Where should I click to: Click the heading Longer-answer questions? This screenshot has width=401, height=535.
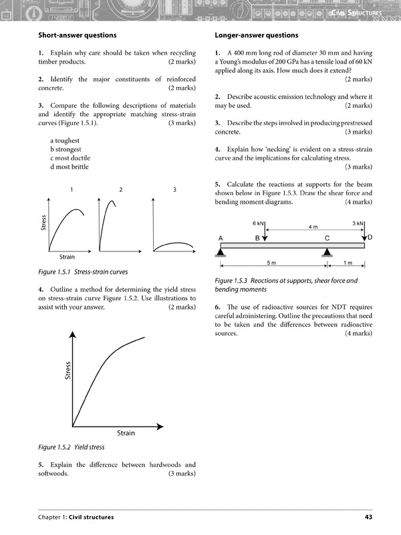(x=257, y=35)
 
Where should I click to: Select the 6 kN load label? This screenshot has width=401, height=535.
(x=258, y=223)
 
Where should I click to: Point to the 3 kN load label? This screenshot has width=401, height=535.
(x=358, y=223)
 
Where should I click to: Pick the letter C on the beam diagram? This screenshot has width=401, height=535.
(x=327, y=238)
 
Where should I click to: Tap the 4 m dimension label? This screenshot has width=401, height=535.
(x=313, y=227)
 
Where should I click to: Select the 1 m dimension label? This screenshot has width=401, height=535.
(x=346, y=262)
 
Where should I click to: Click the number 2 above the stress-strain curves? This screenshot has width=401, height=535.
(x=121, y=191)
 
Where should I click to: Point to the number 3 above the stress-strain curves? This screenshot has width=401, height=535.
(x=174, y=191)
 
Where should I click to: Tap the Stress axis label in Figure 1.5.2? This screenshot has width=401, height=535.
(x=68, y=370)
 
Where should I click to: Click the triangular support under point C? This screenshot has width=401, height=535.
(x=327, y=252)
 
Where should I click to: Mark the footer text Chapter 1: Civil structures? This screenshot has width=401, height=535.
(x=76, y=517)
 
